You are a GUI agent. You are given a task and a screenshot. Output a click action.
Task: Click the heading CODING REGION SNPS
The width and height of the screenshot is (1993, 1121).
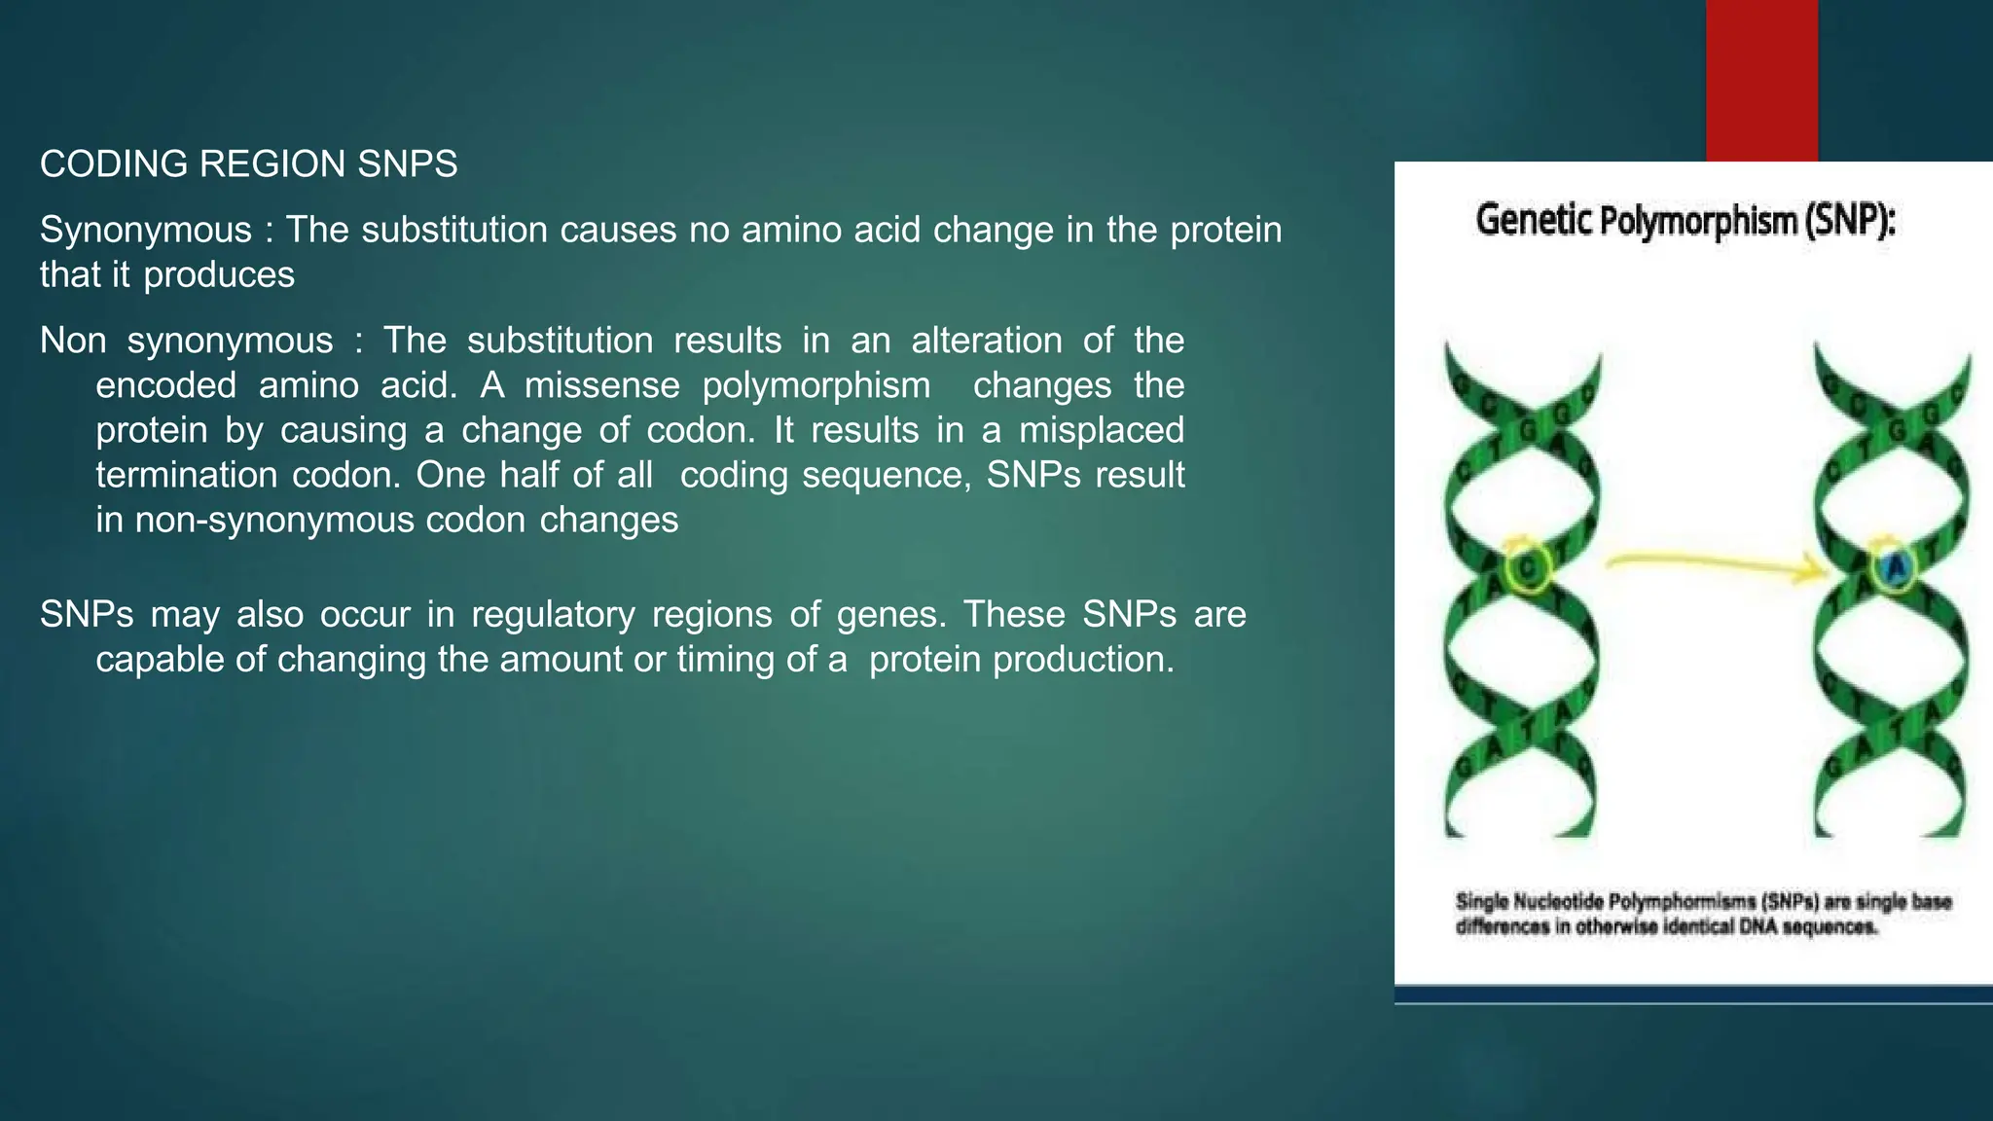[248, 164]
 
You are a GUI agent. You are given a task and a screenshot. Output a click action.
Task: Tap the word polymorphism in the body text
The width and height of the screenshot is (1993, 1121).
[815, 385]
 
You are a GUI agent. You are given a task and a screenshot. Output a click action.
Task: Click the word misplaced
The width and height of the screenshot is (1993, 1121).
[1101, 430]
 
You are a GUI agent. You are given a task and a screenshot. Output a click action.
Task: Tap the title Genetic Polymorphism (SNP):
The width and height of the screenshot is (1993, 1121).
[1685, 221]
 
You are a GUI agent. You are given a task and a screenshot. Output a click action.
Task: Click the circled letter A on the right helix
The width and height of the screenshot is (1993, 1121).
[1895, 566]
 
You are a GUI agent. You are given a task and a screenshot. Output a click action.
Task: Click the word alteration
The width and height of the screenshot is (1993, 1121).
[986, 341]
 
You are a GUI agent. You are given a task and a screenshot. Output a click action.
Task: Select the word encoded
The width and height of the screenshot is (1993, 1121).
[165, 385]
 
